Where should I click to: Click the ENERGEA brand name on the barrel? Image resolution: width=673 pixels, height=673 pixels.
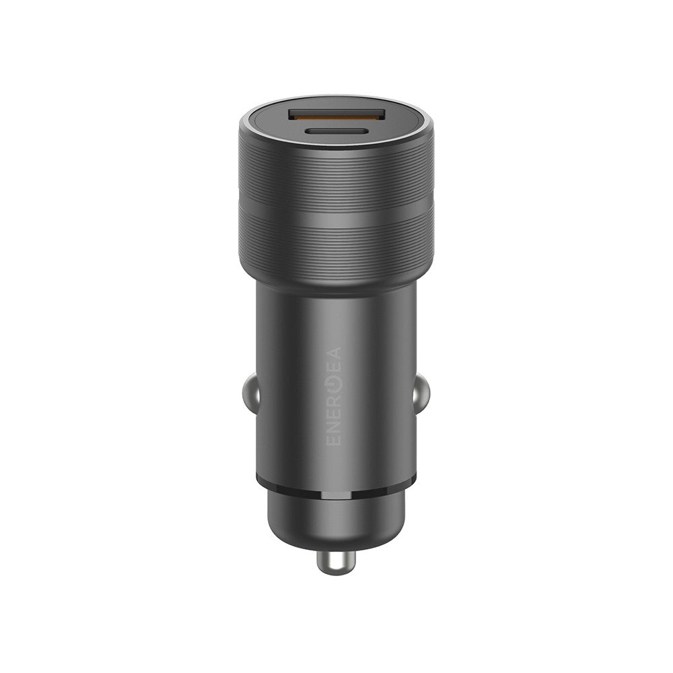(x=334, y=396)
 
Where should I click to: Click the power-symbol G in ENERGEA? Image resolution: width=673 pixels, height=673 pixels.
(x=334, y=382)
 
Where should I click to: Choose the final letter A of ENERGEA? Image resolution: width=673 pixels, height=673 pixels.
(x=334, y=353)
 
